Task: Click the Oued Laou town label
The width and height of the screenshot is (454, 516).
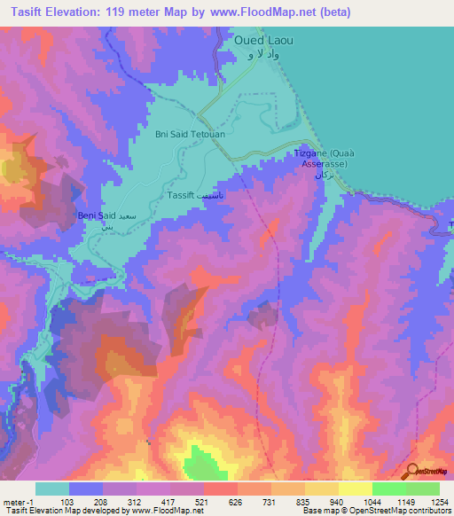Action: click(263, 41)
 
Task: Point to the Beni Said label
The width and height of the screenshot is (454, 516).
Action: click(98, 215)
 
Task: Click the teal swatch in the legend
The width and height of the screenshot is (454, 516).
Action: click(52, 489)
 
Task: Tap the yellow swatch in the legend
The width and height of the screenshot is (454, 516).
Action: click(355, 489)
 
